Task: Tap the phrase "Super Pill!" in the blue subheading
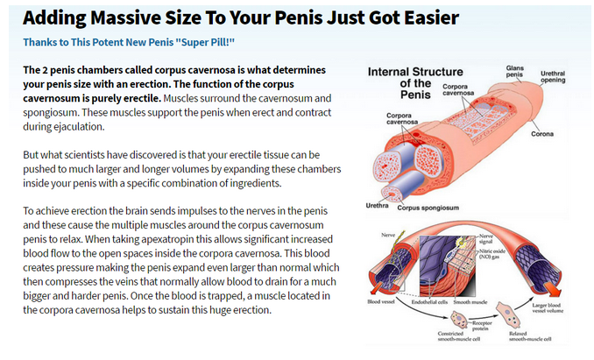point(205,42)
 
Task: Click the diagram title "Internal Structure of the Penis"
point(415,83)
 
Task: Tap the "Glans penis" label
point(514,71)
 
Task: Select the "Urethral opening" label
point(553,76)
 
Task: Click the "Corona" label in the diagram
point(542,134)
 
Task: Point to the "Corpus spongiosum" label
point(428,208)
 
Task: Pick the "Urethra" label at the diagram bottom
point(377,206)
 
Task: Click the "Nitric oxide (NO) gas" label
point(492,254)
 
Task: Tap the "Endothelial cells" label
point(429,302)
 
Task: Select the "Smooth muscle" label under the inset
point(470,302)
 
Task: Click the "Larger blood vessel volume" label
point(548,307)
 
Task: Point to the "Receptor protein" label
point(482,326)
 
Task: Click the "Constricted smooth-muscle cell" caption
point(459,336)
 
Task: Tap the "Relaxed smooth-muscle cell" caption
point(530,336)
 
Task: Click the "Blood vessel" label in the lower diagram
point(381,301)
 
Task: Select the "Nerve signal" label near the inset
point(486,238)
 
